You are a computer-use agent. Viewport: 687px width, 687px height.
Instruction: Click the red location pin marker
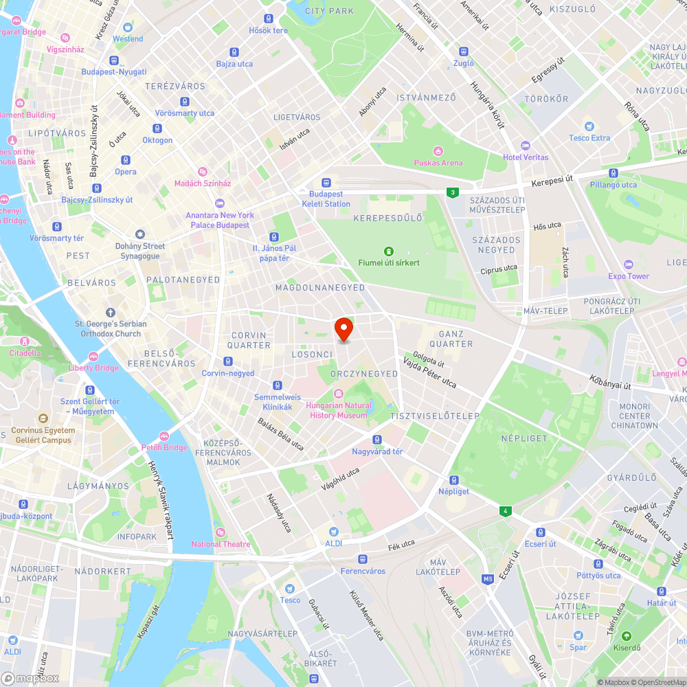(343, 328)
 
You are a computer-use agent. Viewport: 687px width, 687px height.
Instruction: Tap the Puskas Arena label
(438, 163)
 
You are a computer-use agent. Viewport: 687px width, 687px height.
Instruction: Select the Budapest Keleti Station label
(326, 199)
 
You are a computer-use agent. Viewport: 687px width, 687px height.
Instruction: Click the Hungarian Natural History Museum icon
(338, 393)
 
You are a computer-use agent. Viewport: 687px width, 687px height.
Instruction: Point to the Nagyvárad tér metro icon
(377, 440)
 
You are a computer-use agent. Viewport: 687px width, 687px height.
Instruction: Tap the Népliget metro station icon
(454, 480)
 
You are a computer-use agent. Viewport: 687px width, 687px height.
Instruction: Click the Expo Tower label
(629, 276)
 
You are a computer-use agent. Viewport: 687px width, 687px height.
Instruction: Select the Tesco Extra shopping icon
(589, 126)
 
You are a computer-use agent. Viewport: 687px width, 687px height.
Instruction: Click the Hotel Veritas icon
(526, 146)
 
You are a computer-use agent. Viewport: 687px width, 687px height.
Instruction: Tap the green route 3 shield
(452, 193)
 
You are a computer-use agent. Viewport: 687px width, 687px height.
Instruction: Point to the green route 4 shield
(506, 511)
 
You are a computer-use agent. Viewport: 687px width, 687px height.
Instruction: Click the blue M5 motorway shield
(488, 579)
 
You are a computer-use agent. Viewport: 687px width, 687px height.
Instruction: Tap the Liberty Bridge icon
(93, 356)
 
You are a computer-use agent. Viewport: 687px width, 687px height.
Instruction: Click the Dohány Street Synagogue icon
(140, 235)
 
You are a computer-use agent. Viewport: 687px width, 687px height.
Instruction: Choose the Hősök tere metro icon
(268, 19)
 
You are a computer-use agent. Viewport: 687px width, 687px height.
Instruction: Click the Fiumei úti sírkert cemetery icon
(388, 251)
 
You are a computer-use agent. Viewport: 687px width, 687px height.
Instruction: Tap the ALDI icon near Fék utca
(334, 532)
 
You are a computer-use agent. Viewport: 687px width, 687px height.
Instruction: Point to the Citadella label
(25, 352)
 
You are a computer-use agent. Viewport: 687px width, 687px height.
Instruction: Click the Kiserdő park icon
(626, 636)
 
